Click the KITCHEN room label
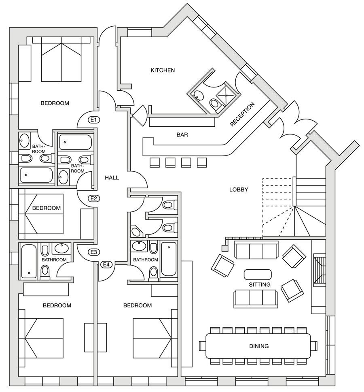click(163, 70)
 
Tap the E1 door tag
click(94, 120)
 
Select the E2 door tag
click(94, 198)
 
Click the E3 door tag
click(94, 252)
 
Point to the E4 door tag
click(106, 264)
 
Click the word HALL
click(112, 177)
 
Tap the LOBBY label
click(239, 189)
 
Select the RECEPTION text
click(243, 115)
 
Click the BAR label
click(182, 134)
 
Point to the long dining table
click(258, 346)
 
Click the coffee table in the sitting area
click(258, 274)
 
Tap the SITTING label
click(259, 285)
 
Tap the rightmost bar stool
click(202, 162)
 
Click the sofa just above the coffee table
click(256, 250)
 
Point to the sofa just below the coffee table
click(256, 298)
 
